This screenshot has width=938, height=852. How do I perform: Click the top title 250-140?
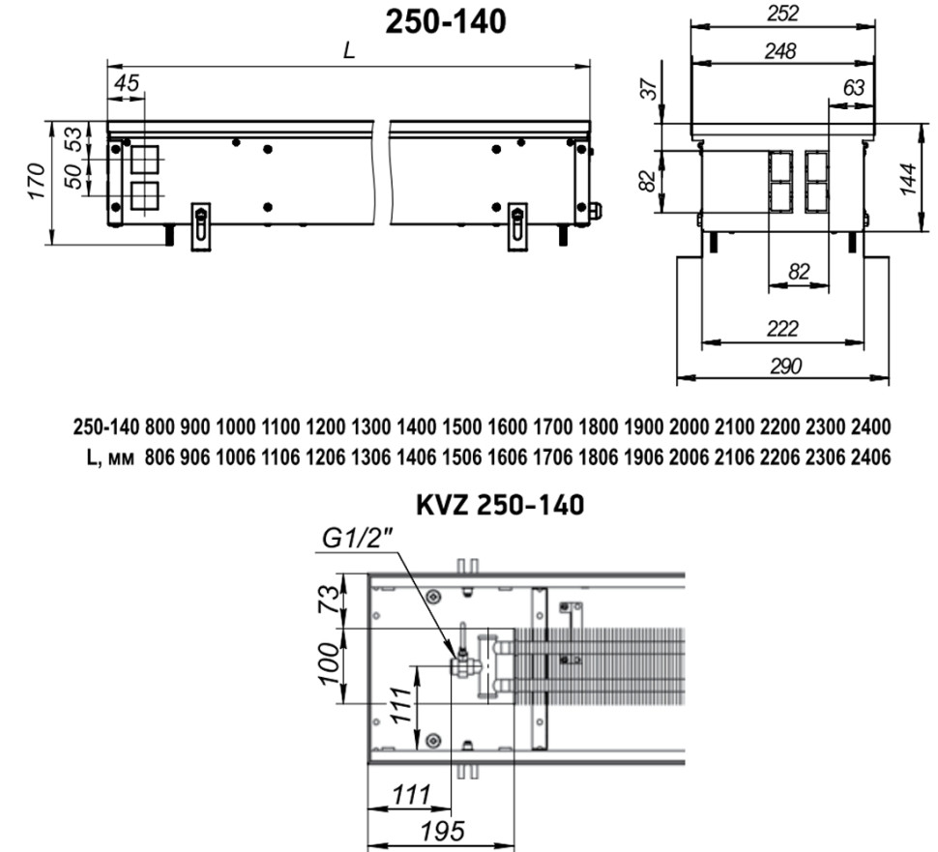tap(446, 21)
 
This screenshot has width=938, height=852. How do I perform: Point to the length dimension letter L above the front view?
tap(349, 53)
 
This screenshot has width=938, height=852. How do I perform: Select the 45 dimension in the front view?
tap(126, 84)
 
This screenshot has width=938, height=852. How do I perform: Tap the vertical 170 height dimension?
tap(35, 181)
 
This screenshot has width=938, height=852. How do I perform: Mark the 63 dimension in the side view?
tap(854, 87)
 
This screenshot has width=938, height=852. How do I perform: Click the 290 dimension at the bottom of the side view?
tap(782, 366)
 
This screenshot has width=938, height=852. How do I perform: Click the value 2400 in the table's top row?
tap(870, 426)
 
